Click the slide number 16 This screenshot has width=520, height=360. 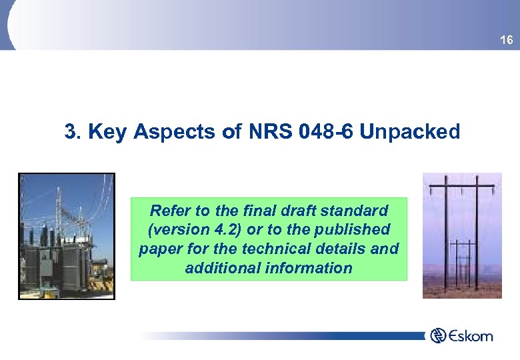pyautogui.click(x=507, y=41)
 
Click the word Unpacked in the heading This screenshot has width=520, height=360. pyautogui.click(x=409, y=132)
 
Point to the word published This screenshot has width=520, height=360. pyautogui.click(x=358, y=229)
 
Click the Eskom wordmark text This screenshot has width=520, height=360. pyautogui.click(x=470, y=335)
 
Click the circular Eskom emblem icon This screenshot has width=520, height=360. pyautogui.click(x=437, y=335)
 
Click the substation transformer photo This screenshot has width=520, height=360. pyautogui.click(x=67, y=236)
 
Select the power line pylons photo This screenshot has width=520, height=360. pyautogui.click(x=462, y=235)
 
